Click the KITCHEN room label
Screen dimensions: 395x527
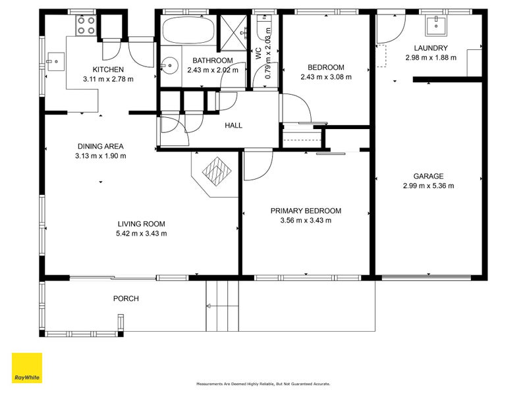pos(108,70)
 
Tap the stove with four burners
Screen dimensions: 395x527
pos(86,26)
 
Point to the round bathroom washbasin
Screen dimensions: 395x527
pos(171,65)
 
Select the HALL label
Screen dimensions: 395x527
pos(233,126)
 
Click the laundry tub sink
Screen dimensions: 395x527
pos(435,26)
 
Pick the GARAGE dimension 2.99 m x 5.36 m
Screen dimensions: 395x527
pos(428,186)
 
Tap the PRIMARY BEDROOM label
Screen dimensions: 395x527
pos(306,211)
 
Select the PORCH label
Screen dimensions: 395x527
pos(126,298)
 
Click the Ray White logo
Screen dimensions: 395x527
pos(27,368)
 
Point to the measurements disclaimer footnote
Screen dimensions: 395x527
pos(263,384)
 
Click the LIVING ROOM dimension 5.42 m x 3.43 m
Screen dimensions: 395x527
pos(141,233)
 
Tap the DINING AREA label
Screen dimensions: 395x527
pos(101,146)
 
